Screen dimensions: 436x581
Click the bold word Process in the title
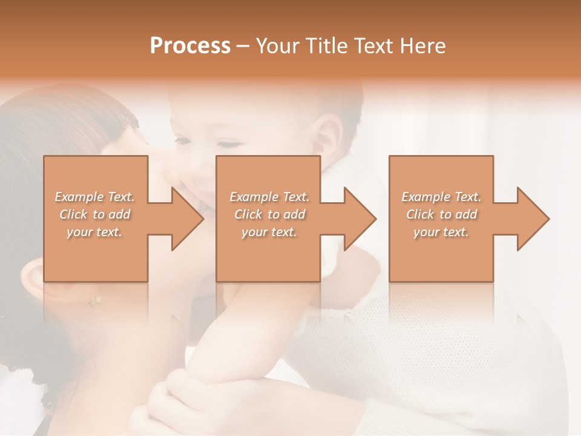pos(190,46)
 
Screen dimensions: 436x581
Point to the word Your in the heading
pos(278,46)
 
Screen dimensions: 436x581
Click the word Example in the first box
pos(79,197)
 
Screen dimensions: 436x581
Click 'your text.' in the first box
pos(94,232)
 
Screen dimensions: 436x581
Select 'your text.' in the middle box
pos(269,232)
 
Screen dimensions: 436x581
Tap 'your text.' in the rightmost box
pos(441,232)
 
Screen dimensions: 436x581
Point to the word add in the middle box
pos(294,214)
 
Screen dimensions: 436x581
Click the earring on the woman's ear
pos(95,299)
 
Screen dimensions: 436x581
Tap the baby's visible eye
pos(228,144)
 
